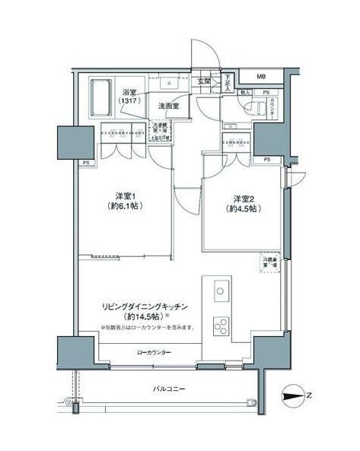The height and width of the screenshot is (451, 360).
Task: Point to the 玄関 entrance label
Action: pos(204,81)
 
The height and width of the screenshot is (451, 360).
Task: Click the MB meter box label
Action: pos(261,77)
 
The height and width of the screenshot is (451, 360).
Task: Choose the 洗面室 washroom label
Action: pos(169,106)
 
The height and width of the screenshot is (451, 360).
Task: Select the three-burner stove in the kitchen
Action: pos(220,326)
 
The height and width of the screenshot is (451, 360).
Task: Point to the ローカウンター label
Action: pos(154,352)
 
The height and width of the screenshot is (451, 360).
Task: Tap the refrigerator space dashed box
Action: pos(269,262)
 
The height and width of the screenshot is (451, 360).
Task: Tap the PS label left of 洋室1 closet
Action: pos(86,163)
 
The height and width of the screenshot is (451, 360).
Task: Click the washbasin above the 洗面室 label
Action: pos(168,83)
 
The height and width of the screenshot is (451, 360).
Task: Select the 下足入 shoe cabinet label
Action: pos(227,82)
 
